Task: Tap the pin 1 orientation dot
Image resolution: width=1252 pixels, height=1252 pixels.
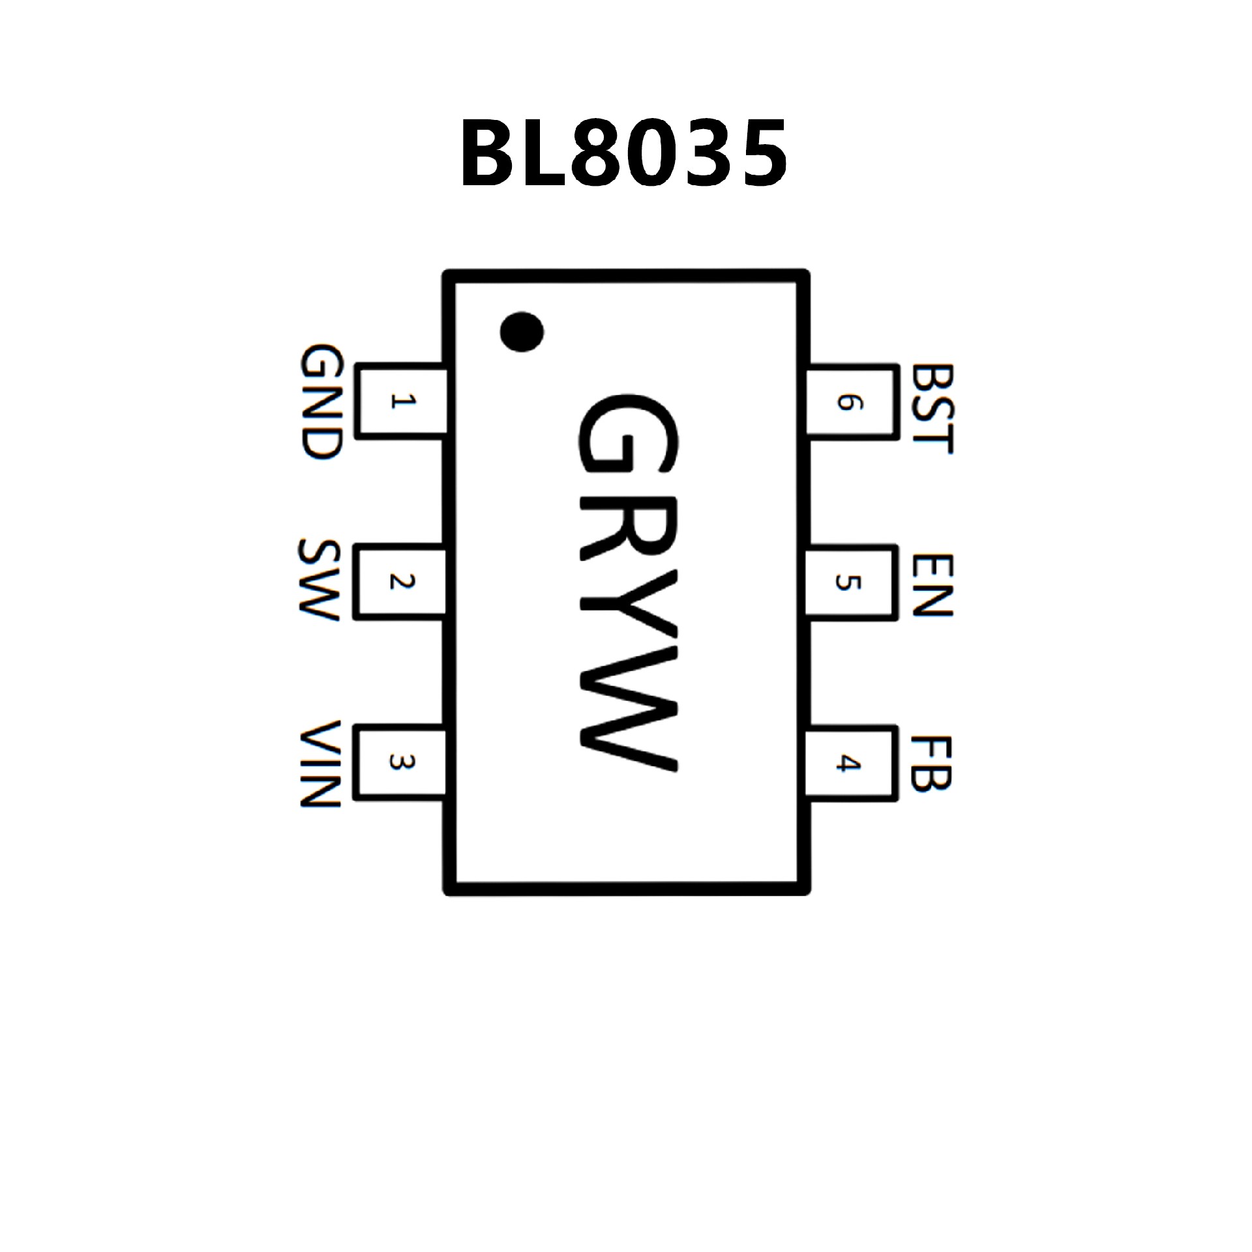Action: (522, 331)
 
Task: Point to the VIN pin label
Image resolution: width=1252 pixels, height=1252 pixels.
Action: (320, 764)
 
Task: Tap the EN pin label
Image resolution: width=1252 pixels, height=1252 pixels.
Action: (932, 585)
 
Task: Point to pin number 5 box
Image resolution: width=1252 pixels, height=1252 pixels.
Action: (850, 582)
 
